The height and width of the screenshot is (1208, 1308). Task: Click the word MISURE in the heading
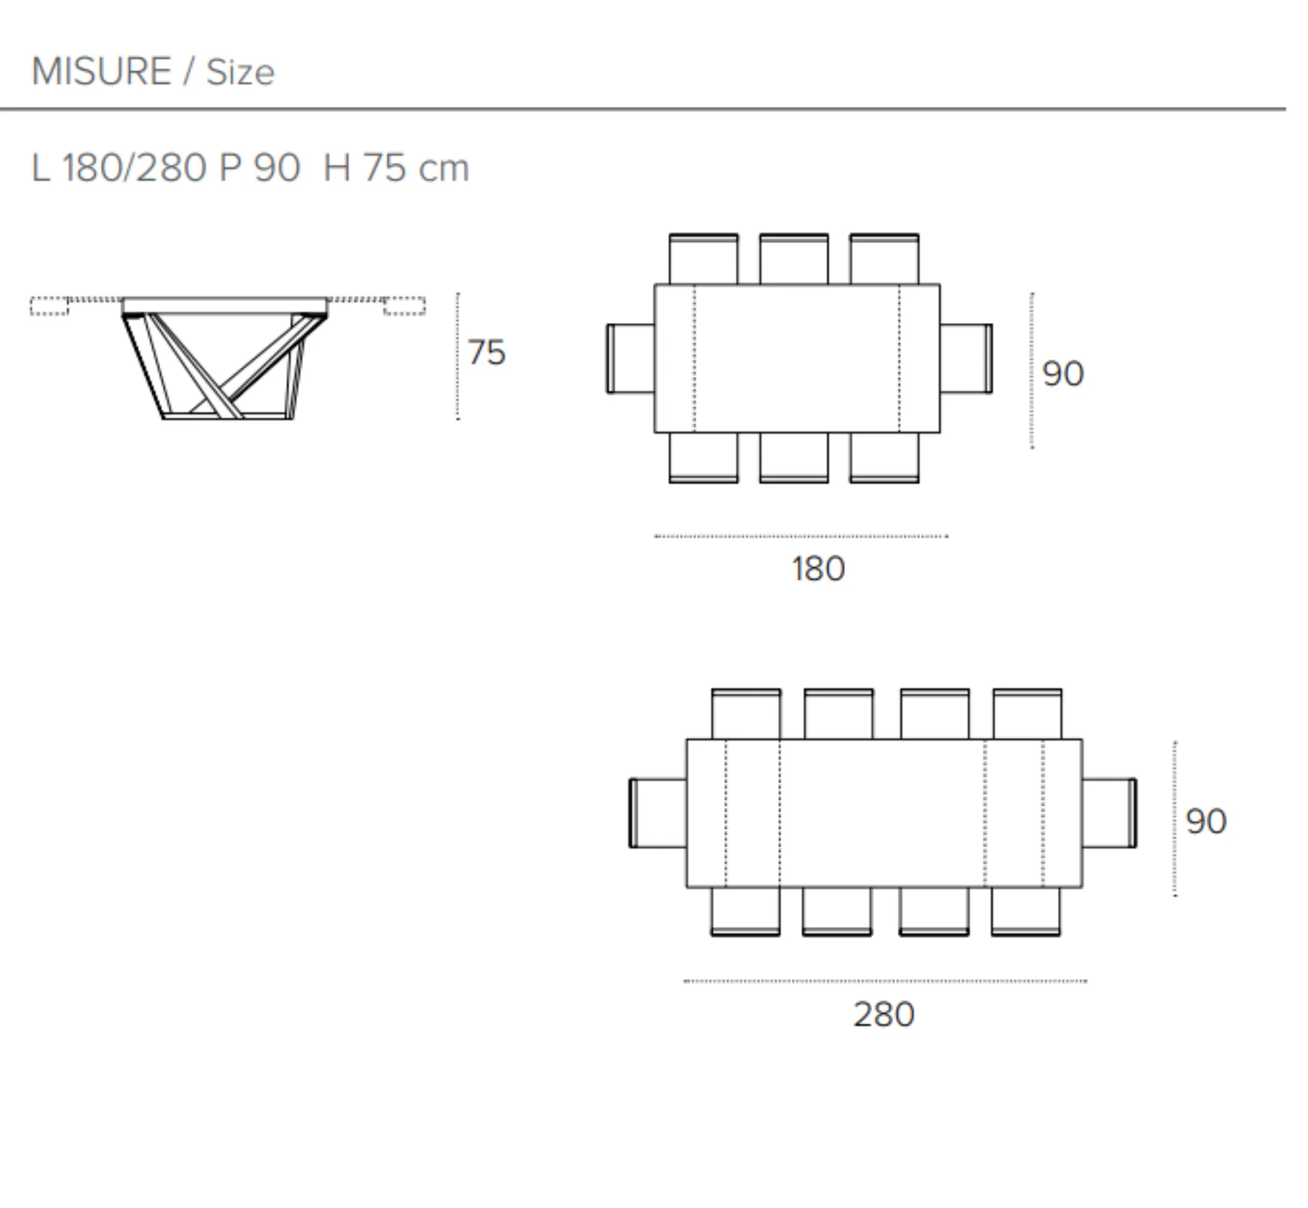coord(102,72)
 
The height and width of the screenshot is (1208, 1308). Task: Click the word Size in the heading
coord(240,72)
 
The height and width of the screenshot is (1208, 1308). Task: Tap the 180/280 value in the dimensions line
coord(134,168)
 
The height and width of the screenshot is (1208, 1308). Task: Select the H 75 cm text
coord(396,168)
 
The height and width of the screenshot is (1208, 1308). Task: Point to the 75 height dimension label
coord(486,352)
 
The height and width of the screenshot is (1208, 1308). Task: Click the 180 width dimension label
coord(818,568)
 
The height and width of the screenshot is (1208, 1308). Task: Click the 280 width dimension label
coord(884,1015)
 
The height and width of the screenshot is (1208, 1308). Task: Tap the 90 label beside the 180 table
coord(1063,373)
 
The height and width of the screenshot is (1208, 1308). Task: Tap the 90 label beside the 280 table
coord(1206,822)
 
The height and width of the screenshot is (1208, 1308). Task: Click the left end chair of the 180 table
coord(630,358)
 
